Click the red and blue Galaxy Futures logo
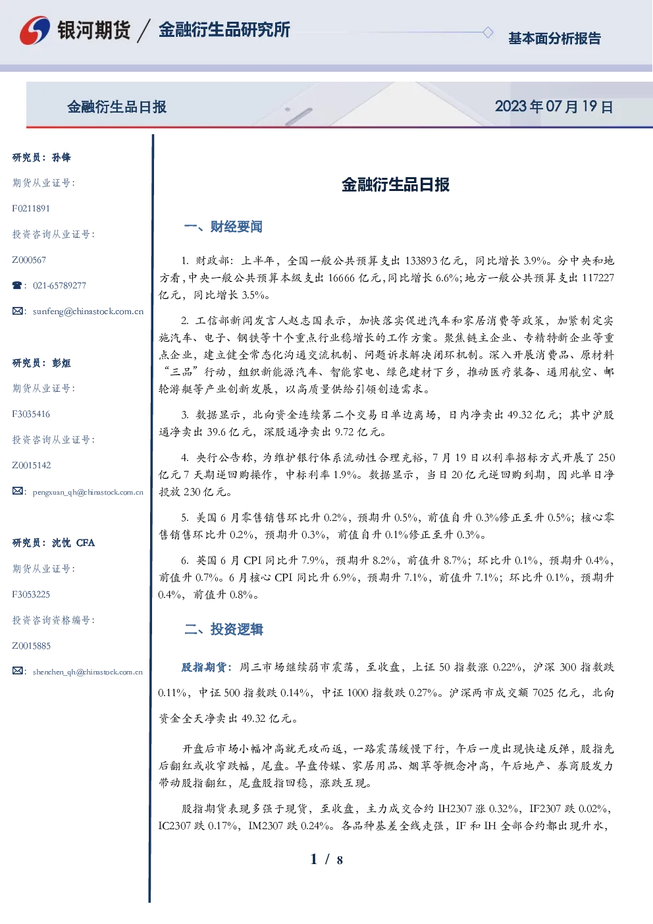[35, 30]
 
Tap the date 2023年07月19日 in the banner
[554, 107]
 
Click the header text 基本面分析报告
[554, 38]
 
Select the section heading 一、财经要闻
[223, 227]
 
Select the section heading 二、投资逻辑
[223, 629]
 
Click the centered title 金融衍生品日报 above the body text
[396, 184]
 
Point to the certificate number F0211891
[31, 208]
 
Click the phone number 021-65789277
[59, 285]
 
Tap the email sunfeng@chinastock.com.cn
[88, 312]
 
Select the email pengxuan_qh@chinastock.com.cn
[88, 492]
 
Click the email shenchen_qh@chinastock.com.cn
[88, 672]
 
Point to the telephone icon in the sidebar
[17, 285]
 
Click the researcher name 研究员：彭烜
[41, 363]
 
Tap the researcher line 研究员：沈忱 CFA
[53, 543]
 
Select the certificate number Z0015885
[32, 646]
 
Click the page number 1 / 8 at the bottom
[326, 859]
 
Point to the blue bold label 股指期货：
[207, 667]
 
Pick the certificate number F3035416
[31, 414]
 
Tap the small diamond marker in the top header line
[488, 32]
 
